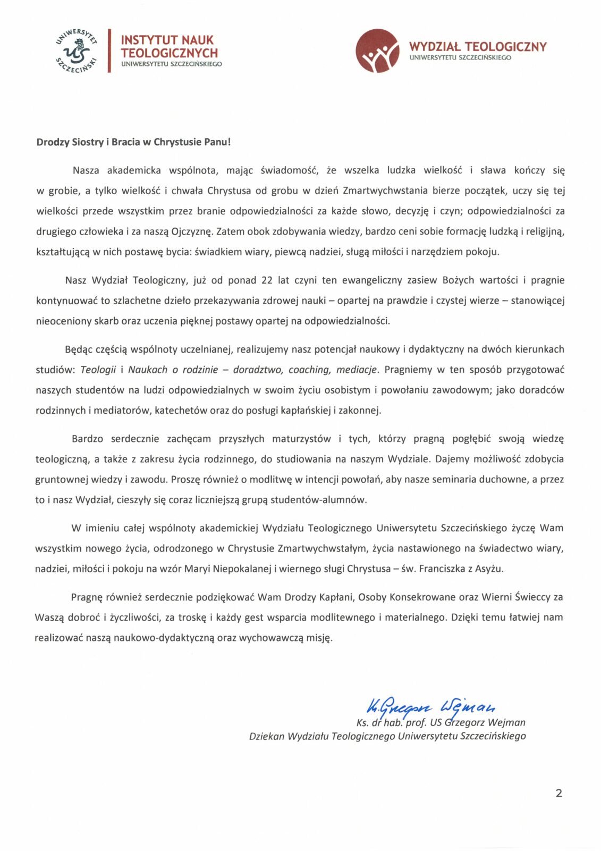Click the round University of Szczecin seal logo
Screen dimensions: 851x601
click(77, 51)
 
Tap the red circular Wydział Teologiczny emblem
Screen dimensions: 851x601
click(377, 51)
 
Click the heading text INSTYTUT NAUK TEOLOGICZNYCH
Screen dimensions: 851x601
click(169, 46)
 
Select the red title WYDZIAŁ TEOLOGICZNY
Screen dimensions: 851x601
click(477, 47)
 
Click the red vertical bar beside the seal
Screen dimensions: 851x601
click(109, 51)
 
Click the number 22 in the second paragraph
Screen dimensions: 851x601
click(267, 280)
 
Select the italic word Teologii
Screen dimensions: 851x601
click(98, 370)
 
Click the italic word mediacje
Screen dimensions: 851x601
click(358, 370)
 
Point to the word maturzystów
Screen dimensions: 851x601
click(301, 439)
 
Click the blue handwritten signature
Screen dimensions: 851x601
click(430, 707)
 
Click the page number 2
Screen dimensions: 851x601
click(558, 793)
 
